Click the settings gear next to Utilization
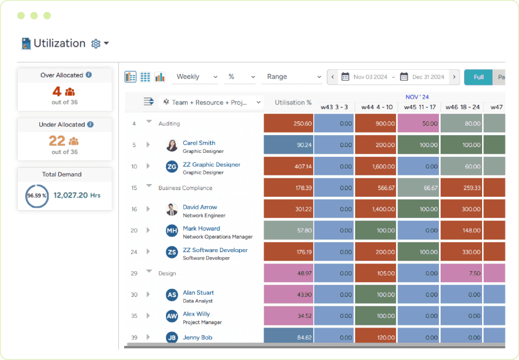point(96,44)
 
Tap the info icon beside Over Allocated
point(89,75)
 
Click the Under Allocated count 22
point(57,141)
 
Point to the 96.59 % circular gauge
point(37,196)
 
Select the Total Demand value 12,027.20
point(70,196)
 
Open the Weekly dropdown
point(196,77)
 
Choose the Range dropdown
point(294,77)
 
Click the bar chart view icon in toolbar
point(160,77)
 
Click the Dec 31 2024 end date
point(429,77)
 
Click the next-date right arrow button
point(455,77)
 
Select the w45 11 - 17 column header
point(419,107)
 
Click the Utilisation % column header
point(293,103)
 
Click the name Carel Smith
point(199,142)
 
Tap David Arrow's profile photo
point(172,209)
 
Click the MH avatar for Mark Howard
point(172,231)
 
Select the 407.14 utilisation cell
point(288,167)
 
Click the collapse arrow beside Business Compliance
point(149,186)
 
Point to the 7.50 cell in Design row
point(461,273)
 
